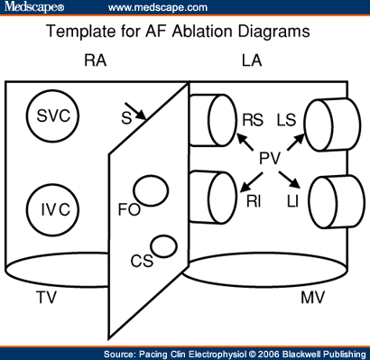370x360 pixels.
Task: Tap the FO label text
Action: tap(128, 208)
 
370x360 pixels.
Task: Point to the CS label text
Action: tap(141, 262)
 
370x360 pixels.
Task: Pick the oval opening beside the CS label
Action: tap(163, 245)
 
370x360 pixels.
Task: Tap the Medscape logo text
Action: tap(32, 8)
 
